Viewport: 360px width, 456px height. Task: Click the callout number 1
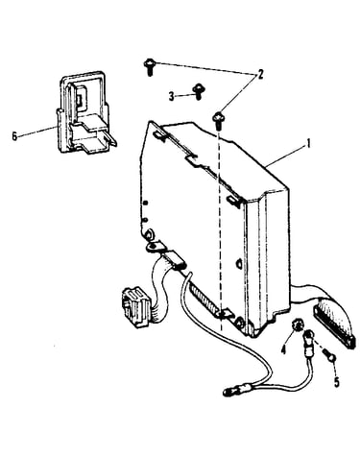pyautogui.click(x=308, y=144)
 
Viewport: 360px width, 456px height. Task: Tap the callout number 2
pyautogui.click(x=260, y=75)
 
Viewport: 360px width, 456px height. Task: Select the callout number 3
pyautogui.click(x=172, y=96)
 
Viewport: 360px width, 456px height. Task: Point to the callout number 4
pyautogui.click(x=283, y=350)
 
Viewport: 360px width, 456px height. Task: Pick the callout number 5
pyautogui.click(x=336, y=382)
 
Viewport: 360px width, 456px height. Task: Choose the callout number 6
pyautogui.click(x=14, y=136)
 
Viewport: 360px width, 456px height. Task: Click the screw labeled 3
pyautogui.click(x=198, y=92)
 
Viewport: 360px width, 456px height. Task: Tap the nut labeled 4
pyautogui.click(x=298, y=326)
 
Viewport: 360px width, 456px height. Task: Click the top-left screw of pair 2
pyautogui.click(x=149, y=66)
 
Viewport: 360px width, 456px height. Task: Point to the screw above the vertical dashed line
pyautogui.click(x=218, y=120)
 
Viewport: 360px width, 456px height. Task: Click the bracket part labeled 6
pyautogui.click(x=85, y=112)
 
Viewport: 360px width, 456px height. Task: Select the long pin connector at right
pyautogui.click(x=335, y=324)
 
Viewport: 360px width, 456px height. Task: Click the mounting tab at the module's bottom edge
pyautogui.click(x=225, y=314)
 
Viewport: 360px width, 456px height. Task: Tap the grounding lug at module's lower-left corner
pyautogui.click(x=155, y=246)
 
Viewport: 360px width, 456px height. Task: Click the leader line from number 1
pyautogui.click(x=285, y=156)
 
